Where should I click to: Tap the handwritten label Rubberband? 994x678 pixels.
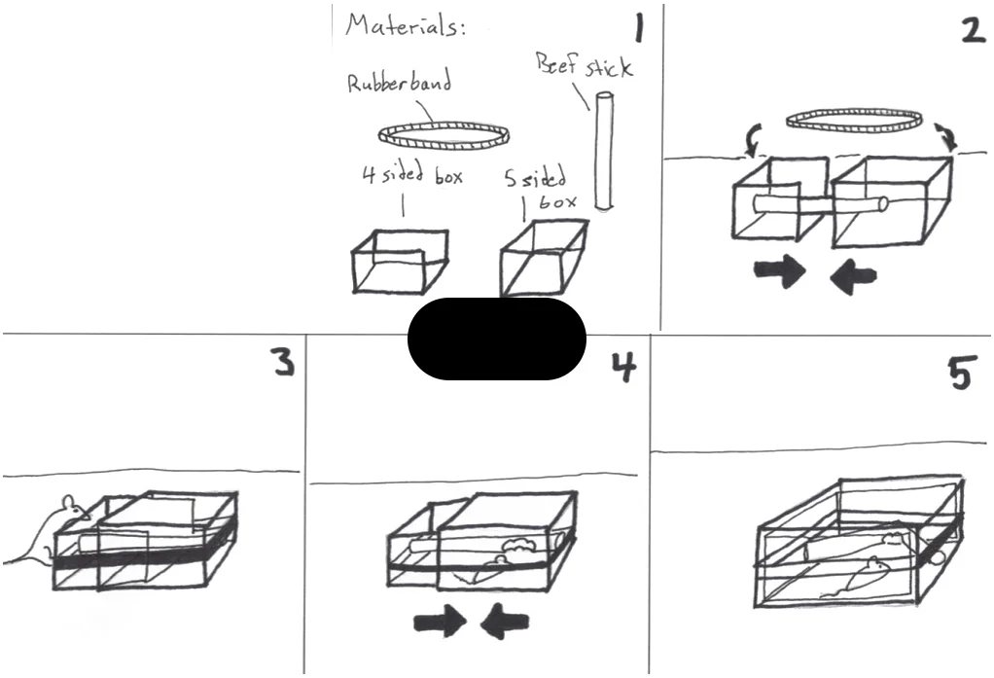pyautogui.click(x=400, y=83)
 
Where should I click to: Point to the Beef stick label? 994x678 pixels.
pyautogui.click(x=584, y=65)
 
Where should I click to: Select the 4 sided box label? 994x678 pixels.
pyautogui.click(x=412, y=174)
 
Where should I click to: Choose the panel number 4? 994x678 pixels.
pyautogui.click(x=623, y=367)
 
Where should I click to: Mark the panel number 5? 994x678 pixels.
pyautogui.click(x=959, y=374)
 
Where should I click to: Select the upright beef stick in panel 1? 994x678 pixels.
pyautogui.click(x=604, y=151)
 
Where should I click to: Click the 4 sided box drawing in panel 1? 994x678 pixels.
pyautogui.click(x=400, y=261)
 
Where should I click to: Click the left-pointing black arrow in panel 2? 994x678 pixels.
pyautogui.click(x=853, y=276)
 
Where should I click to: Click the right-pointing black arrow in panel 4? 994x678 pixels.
pyautogui.click(x=440, y=622)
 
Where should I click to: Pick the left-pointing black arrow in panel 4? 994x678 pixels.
pyautogui.click(x=505, y=622)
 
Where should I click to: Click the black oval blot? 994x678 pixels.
pyautogui.click(x=497, y=339)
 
